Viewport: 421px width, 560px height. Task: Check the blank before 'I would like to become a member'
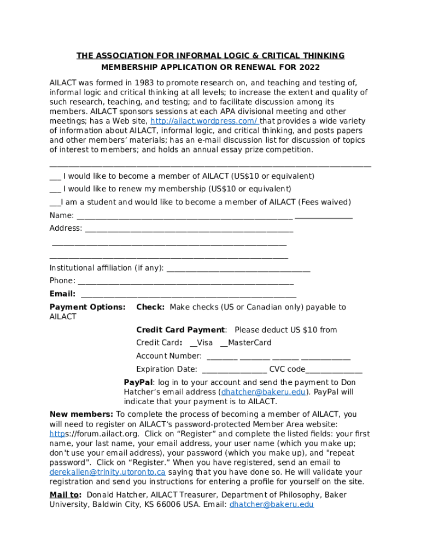click(55, 177)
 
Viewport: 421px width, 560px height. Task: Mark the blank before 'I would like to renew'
click(55, 189)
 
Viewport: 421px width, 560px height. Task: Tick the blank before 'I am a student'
click(54, 202)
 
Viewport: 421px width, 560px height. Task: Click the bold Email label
click(62, 294)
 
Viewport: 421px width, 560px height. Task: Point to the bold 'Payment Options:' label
click(87, 307)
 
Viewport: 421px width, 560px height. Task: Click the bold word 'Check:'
click(150, 307)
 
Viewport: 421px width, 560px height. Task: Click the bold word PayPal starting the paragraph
click(138, 382)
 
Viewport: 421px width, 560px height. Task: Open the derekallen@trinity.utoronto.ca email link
click(107, 472)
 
